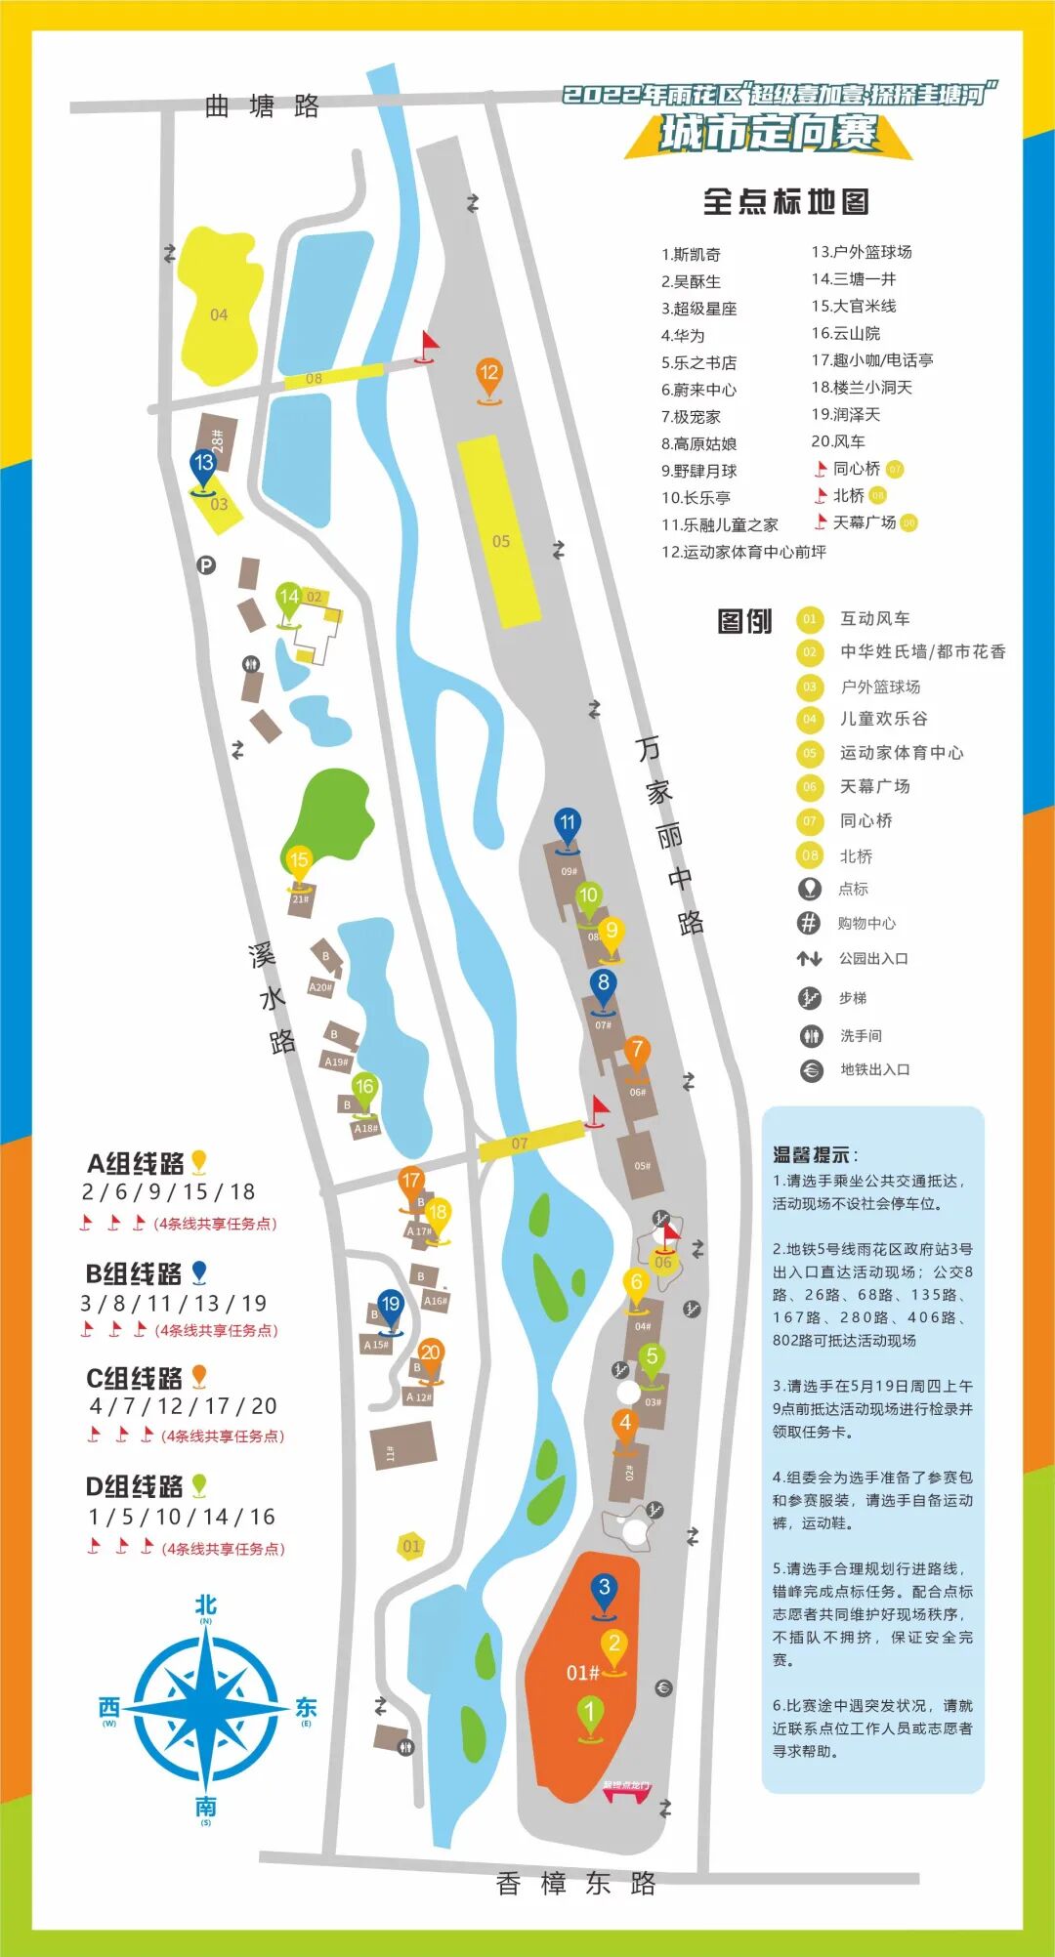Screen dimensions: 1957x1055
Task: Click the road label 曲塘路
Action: coord(262,106)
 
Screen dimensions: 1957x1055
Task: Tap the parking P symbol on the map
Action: coord(206,564)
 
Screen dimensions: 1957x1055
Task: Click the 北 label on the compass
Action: coord(205,1605)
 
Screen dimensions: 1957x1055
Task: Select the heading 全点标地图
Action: coord(785,202)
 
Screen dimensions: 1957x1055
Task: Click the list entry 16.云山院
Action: coord(846,333)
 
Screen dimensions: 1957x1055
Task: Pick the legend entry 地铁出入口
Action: coord(874,1069)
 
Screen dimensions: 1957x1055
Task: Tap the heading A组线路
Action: coord(136,1163)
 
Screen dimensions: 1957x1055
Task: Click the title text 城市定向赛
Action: coord(769,133)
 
